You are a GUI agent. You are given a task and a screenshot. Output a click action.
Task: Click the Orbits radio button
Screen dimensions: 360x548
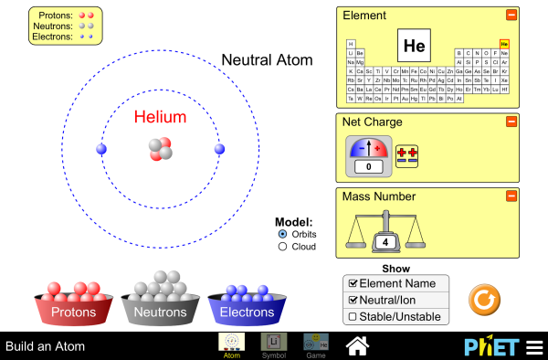[282, 234]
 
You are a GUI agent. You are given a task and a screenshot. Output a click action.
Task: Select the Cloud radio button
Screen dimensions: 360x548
[282, 246]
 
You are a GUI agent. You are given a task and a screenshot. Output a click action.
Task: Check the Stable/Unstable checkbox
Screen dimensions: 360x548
[351, 316]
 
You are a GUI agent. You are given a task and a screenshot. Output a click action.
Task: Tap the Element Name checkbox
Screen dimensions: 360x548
[351, 283]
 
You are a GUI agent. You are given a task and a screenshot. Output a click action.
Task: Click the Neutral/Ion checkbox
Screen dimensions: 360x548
[351, 300]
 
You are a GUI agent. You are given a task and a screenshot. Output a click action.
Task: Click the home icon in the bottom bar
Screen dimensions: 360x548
[357, 345]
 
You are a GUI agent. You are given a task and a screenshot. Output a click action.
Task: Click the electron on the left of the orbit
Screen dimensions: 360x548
[101, 149]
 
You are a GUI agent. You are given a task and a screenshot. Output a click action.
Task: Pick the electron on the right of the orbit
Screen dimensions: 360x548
[218, 149]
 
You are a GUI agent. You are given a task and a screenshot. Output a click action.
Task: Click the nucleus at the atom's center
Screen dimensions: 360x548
[160, 149]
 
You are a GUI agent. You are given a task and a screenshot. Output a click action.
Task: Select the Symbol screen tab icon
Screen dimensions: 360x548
[273, 343]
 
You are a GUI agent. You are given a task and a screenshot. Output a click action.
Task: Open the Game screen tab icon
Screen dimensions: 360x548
[316, 343]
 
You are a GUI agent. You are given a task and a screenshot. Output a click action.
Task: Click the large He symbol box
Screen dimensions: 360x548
[414, 45]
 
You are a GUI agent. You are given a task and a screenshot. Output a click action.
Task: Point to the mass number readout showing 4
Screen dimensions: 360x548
[385, 242]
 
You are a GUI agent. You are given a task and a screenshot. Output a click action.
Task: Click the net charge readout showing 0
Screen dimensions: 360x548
[368, 167]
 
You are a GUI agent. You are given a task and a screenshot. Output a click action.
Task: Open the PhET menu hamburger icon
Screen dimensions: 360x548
[533, 347]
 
